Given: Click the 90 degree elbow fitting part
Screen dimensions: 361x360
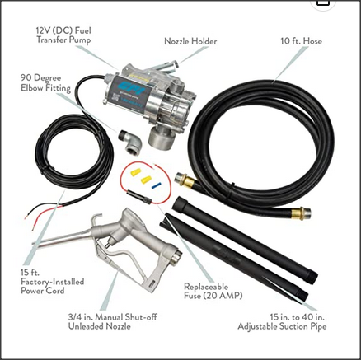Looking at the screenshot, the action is pos(130,142).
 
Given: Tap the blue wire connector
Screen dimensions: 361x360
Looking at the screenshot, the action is pos(157,185).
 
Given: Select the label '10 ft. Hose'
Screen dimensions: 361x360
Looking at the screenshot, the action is pos(301,41).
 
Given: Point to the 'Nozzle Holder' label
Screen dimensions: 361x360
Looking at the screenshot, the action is pos(190,41).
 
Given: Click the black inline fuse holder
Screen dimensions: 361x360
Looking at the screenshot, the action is pos(139,198).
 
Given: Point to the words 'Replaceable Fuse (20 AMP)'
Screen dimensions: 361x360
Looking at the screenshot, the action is pos(213,291).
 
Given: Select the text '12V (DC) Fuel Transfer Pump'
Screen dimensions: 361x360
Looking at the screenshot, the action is pos(63,35).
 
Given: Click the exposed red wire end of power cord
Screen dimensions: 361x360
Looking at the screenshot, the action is pos(30,216).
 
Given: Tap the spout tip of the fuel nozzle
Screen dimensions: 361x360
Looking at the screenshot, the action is pos(35,244).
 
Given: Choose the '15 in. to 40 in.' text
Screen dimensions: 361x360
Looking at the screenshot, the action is pos(297,317).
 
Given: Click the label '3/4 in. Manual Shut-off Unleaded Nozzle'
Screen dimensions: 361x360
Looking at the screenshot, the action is pos(113,322).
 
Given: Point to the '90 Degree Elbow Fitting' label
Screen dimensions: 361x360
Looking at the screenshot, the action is pos(45,83).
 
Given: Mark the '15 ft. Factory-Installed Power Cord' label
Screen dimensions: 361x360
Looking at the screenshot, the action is pos(52,282).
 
